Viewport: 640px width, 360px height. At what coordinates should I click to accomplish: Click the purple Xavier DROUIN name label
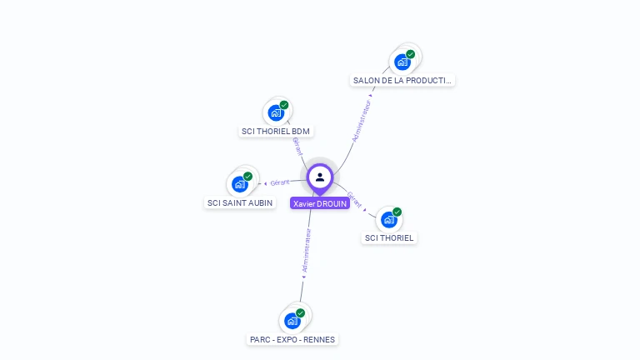pyautogui.click(x=320, y=203)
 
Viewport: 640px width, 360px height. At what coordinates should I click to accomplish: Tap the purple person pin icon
pyautogui.click(x=320, y=177)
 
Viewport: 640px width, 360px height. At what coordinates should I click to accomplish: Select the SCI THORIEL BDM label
pyautogui.click(x=276, y=131)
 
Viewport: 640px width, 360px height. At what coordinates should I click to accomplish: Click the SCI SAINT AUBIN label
pyautogui.click(x=240, y=202)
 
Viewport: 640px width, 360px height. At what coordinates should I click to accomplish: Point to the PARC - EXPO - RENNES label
pyautogui.click(x=292, y=339)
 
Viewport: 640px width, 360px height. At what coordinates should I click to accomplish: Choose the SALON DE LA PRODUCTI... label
pyautogui.click(x=403, y=81)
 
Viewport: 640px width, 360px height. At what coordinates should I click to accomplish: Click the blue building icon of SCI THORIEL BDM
pyautogui.click(x=276, y=113)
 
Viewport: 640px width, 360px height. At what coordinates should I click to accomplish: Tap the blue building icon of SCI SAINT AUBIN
pyautogui.click(x=240, y=184)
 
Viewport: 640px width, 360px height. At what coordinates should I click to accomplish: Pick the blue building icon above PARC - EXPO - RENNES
pyautogui.click(x=292, y=321)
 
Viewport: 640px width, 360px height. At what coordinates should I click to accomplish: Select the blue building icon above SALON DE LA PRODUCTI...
pyautogui.click(x=402, y=62)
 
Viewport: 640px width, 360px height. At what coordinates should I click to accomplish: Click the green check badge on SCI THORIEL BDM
pyautogui.click(x=284, y=105)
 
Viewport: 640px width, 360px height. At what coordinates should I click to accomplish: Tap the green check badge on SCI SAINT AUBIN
pyautogui.click(x=248, y=176)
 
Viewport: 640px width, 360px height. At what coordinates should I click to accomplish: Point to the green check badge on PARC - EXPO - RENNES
pyautogui.click(x=300, y=312)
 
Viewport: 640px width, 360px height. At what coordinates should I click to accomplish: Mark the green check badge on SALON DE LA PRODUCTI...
pyautogui.click(x=411, y=53)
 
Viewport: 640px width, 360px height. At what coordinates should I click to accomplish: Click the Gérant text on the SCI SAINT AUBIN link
pyautogui.click(x=280, y=182)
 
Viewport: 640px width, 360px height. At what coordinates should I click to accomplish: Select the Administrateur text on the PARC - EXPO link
pyautogui.click(x=306, y=252)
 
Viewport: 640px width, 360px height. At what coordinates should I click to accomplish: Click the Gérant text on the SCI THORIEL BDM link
pyautogui.click(x=297, y=147)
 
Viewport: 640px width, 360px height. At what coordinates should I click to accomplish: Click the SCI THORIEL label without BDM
pyautogui.click(x=389, y=237)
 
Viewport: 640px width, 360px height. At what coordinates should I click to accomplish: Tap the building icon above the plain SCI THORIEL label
pyautogui.click(x=389, y=220)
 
